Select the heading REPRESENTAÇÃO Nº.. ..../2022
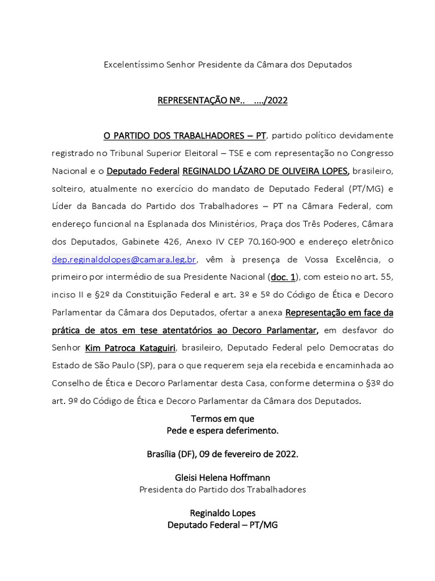point(223,101)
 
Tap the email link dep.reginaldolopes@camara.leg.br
point(124,259)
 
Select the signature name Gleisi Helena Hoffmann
point(223,478)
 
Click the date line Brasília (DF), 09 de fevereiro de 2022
point(223,454)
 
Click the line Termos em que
point(223,419)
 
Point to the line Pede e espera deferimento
point(223,431)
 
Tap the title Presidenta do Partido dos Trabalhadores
point(223,490)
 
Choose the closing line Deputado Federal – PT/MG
point(223,525)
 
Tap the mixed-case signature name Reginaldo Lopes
point(223,513)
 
